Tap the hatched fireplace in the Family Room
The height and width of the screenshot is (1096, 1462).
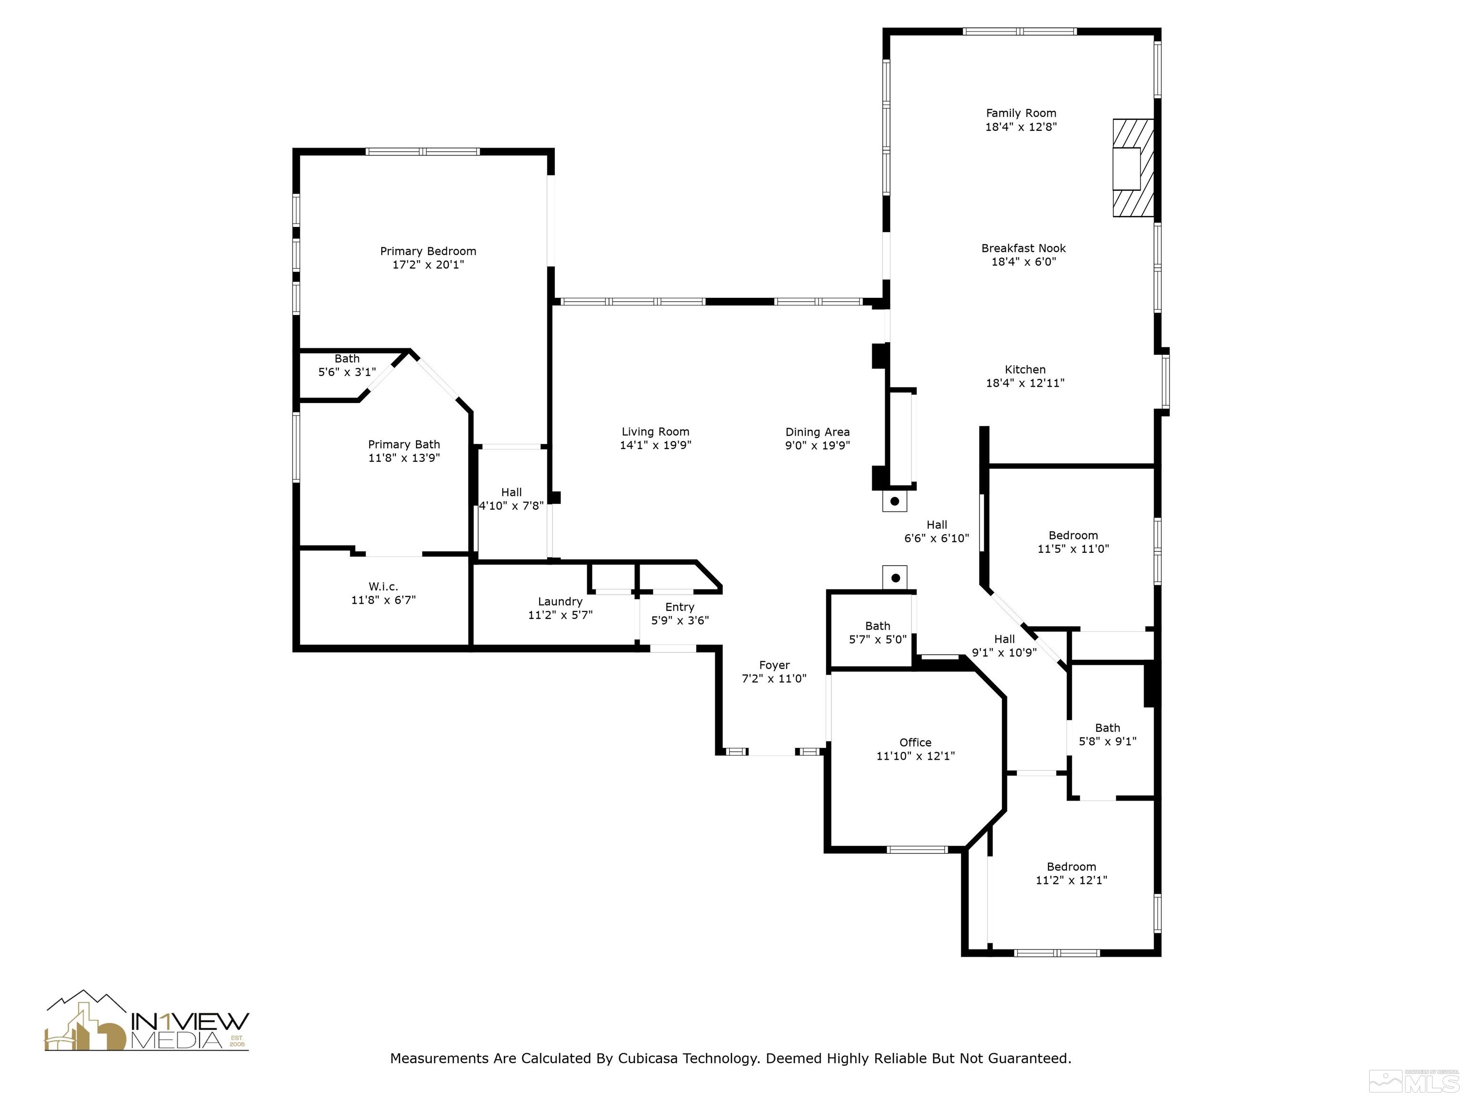pyautogui.click(x=1133, y=168)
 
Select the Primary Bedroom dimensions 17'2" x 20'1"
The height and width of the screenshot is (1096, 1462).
pyautogui.click(x=428, y=265)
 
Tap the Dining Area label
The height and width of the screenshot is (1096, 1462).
pyautogui.click(x=817, y=432)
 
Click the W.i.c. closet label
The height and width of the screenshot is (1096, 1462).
pyautogui.click(x=383, y=587)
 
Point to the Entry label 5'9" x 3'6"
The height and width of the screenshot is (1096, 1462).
pyautogui.click(x=680, y=614)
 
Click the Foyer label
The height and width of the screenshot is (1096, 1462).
pyautogui.click(x=774, y=665)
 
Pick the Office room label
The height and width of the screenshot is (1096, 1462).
pyautogui.click(x=915, y=743)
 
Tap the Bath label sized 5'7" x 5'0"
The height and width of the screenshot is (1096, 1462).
pyautogui.click(x=877, y=633)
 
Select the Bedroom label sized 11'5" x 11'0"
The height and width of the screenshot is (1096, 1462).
pyautogui.click(x=1073, y=542)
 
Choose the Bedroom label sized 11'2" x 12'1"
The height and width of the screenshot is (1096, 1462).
pyautogui.click(x=1071, y=873)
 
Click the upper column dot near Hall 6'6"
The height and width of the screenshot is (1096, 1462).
pyautogui.click(x=894, y=501)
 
